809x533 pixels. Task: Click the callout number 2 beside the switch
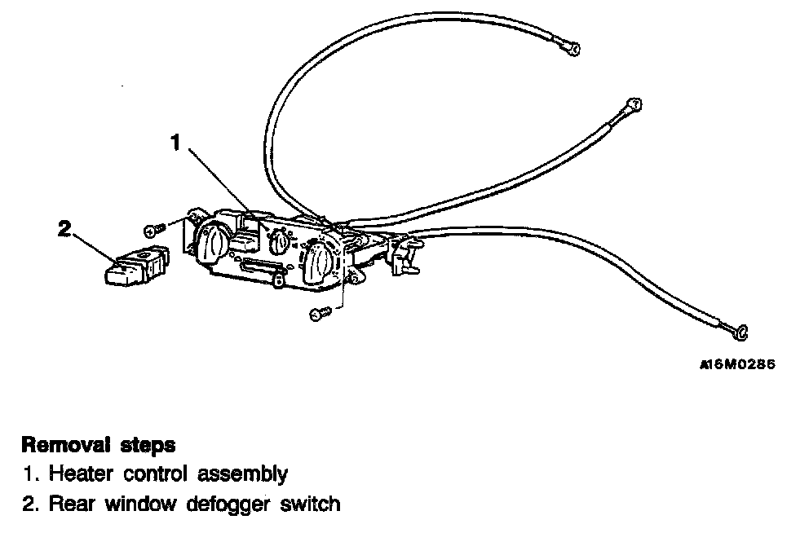point(65,229)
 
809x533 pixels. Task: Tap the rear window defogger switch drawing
point(135,266)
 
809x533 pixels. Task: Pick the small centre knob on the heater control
point(279,241)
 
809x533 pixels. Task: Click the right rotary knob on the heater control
point(321,263)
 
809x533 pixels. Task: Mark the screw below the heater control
point(319,312)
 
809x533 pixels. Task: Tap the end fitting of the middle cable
point(632,104)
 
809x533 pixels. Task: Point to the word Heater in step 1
point(78,474)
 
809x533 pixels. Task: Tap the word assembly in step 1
point(248,474)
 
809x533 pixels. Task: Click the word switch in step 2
point(308,504)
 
